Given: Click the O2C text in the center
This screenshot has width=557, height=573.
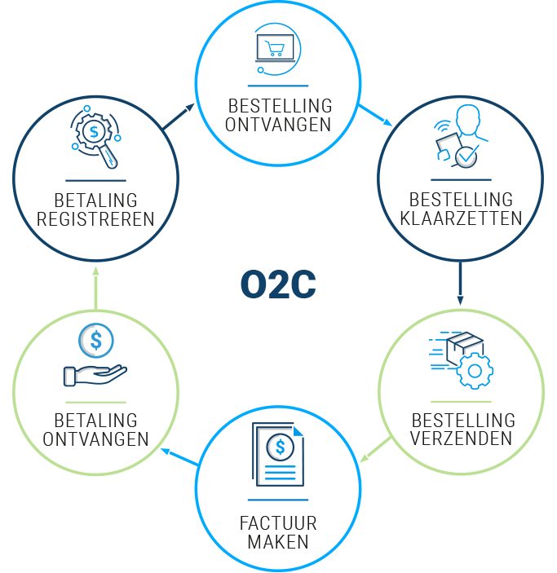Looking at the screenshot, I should pyautogui.click(x=278, y=284).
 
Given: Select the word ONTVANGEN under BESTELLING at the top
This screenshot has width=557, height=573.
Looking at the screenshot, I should pyautogui.click(x=279, y=125).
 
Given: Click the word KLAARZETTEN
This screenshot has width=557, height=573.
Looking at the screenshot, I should pyautogui.click(x=461, y=218).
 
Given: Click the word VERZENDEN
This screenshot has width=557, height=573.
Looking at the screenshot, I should pyautogui.click(x=462, y=439).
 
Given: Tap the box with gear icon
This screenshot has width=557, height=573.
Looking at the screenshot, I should pyautogui.click(x=461, y=357).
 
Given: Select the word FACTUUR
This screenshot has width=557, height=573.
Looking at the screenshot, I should pyautogui.click(x=278, y=523).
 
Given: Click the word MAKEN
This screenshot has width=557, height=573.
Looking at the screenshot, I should pyautogui.click(x=278, y=542).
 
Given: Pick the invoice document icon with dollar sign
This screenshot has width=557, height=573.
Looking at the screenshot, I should pyautogui.click(x=278, y=458).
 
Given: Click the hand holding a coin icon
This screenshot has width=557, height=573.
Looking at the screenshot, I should pyautogui.click(x=95, y=355).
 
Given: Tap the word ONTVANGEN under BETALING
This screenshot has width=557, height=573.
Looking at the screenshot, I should pyautogui.click(x=96, y=439).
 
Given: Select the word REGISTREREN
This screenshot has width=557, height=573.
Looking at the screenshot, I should pyautogui.click(x=96, y=218).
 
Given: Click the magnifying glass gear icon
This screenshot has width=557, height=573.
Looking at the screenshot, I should pyautogui.click(x=96, y=138).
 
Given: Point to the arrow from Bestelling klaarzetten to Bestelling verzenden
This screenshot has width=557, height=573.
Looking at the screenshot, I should pyautogui.click(x=461, y=282).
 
